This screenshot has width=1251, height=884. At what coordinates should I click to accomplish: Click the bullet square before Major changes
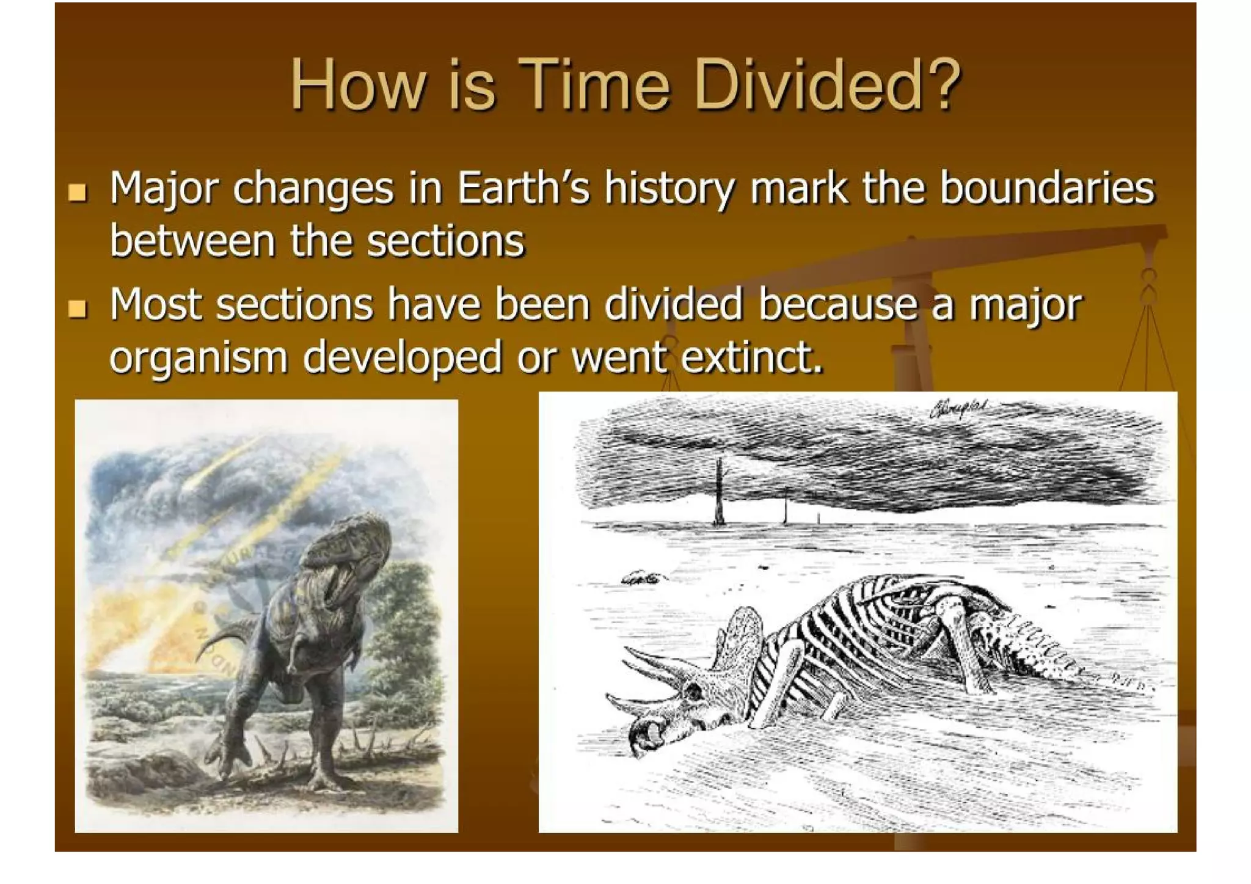pos(78,192)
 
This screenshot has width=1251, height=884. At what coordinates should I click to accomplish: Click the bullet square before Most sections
pos(78,309)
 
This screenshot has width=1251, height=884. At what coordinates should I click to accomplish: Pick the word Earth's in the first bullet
pos(523,188)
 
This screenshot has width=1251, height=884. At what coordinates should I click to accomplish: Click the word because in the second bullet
pos(837,304)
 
